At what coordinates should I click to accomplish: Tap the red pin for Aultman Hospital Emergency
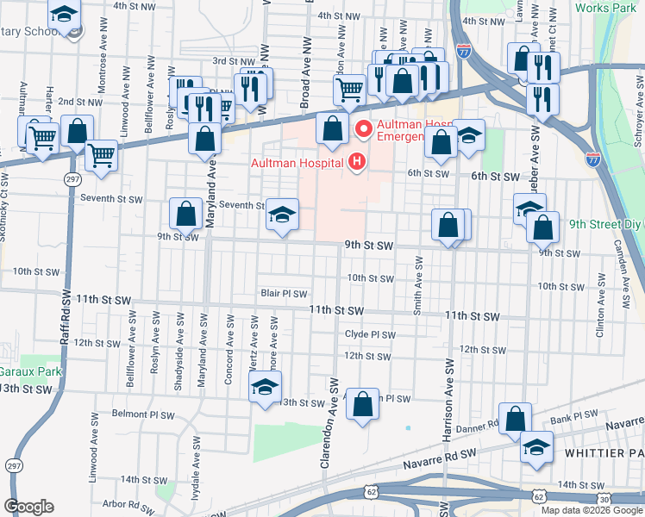coord(363,130)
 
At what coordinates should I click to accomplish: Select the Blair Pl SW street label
coord(284,294)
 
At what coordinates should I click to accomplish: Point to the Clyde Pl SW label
coord(369,335)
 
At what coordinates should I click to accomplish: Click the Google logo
coord(28,507)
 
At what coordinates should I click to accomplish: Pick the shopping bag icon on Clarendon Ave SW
coord(363,402)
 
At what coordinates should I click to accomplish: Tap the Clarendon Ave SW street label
coord(328,422)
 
